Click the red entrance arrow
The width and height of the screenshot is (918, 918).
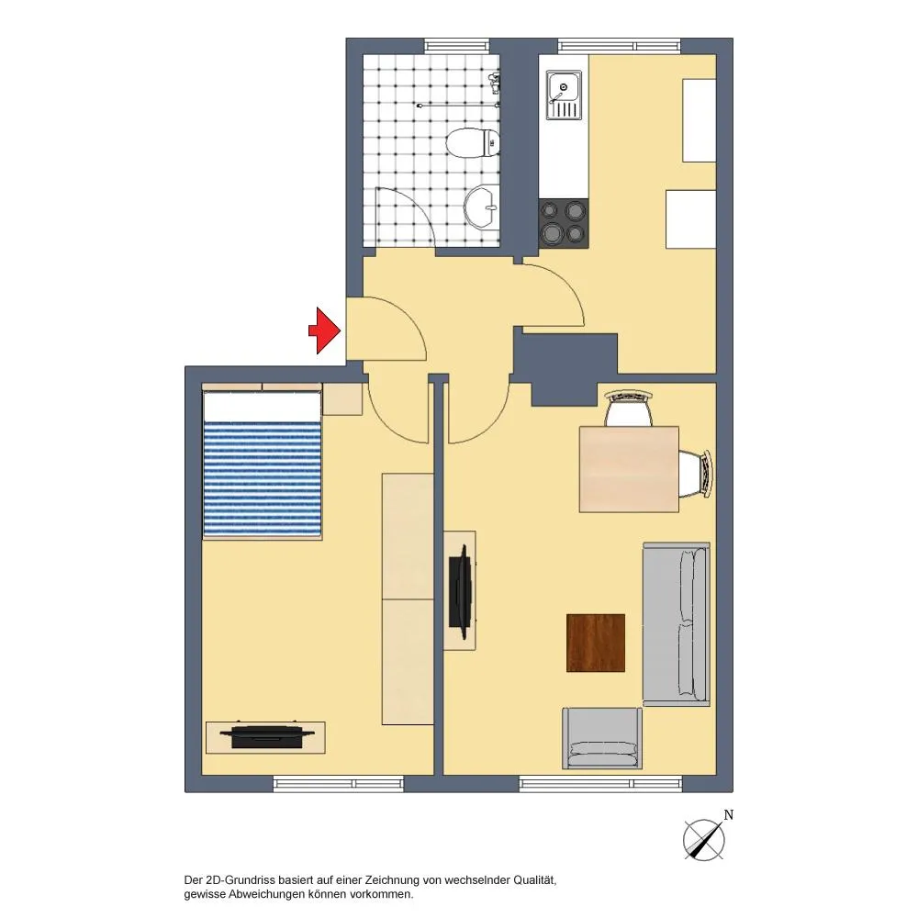point(325,330)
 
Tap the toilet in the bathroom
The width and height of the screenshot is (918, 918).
point(473,143)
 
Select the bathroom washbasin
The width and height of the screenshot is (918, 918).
point(482,207)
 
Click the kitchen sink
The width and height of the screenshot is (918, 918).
point(565,95)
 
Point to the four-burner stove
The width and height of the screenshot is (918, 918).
point(564,223)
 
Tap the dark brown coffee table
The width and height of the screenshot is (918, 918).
point(596,643)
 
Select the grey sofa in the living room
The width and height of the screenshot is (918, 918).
point(677,624)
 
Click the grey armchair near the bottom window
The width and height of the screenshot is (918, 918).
point(602,738)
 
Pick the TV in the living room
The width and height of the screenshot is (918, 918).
point(461,591)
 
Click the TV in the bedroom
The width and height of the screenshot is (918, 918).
point(265,737)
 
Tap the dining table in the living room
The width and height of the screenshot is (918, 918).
point(629,469)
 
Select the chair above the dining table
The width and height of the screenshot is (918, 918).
point(628,408)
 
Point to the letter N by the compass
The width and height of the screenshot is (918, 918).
point(728,814)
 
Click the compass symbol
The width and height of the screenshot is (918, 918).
point(704,840)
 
